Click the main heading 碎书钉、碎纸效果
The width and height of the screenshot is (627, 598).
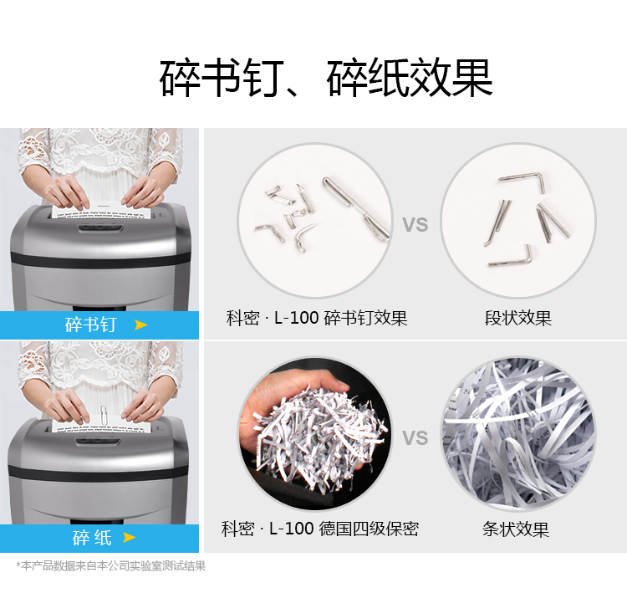tap(326, 78)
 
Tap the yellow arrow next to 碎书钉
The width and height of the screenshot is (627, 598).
tap(140, 325)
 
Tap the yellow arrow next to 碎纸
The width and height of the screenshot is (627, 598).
tap(129, 537)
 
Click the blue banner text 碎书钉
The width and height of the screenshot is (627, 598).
tap(91, 325)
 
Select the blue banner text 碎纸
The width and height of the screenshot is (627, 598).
tap(92, 537)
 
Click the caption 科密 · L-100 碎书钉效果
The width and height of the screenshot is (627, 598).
tap(317, 318)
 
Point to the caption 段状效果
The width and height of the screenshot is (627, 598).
tap(518, 318)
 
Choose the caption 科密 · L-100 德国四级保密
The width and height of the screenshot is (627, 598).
tap(320, 529)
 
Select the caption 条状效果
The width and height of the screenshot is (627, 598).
tap(516, 529)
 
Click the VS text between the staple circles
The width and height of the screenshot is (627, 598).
tap(415, 224)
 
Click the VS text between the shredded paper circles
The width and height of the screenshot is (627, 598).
tap(415, 437)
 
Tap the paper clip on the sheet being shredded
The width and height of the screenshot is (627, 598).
tap(103, 416)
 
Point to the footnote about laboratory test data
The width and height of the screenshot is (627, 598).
tap(110, 565)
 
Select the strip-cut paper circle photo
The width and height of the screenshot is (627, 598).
tap(518, 434)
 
